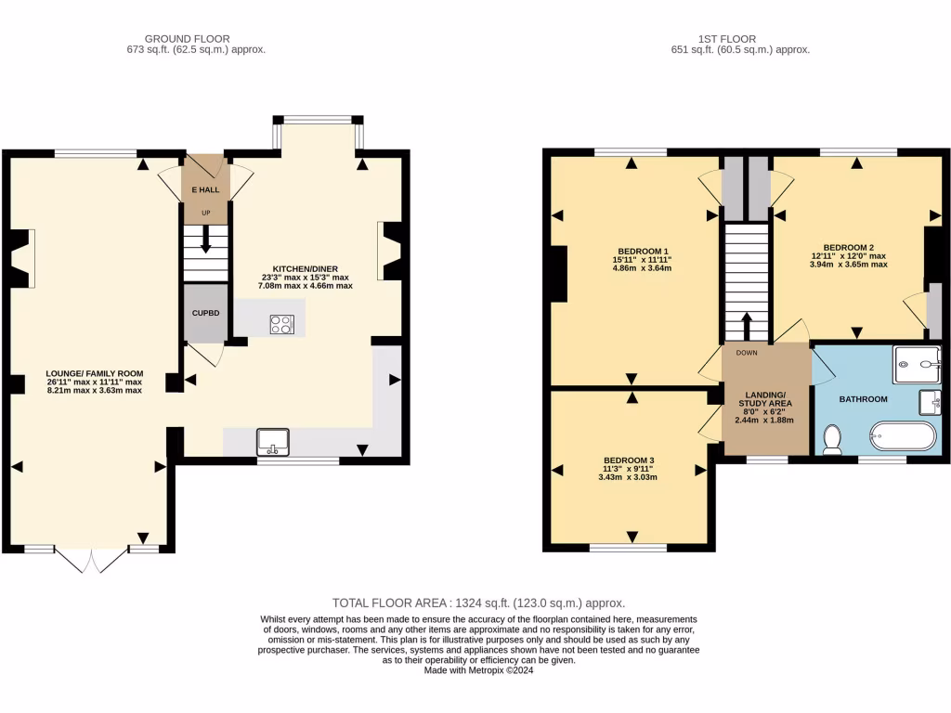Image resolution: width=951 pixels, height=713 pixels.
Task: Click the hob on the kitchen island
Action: point(281,324)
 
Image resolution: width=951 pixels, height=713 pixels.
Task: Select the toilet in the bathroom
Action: point(832,439)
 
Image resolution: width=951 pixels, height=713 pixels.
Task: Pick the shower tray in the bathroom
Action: point(917,364)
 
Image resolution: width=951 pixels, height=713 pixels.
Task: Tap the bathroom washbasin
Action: point(931,403)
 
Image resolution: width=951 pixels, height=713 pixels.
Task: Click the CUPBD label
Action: point(205,313)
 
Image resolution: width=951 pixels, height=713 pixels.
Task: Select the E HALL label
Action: point(205,190)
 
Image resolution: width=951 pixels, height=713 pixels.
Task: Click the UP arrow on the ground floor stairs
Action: point(205,240)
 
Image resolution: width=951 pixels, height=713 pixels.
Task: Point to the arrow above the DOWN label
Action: point(747,327)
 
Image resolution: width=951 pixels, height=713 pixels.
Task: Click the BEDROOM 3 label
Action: point(629,460)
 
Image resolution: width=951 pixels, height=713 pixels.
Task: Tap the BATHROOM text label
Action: point(863,399)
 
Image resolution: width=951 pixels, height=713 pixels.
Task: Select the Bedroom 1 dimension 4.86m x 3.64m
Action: point(641,268)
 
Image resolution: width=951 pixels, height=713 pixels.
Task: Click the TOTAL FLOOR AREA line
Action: point(478,603)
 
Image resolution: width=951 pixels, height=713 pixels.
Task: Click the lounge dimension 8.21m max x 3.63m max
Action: point(95,391)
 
